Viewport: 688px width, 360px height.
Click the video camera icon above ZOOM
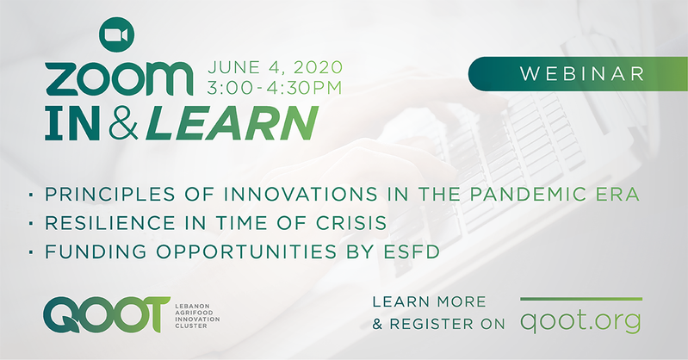click(116, 34)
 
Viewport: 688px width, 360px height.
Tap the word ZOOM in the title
click(119, 79)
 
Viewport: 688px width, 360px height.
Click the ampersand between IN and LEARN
click(123, 123)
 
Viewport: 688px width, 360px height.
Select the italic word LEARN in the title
click(232, 123)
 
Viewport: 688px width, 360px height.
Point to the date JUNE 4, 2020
click(275, 67)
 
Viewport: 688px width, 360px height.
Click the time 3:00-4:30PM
click(275, 87)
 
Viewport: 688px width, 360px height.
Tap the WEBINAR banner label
click(582, 74)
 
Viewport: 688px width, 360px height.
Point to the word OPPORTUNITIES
click(246, 251)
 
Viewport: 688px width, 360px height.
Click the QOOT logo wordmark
click(107, 314)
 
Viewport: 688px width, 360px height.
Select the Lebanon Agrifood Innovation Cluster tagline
click(197, 316)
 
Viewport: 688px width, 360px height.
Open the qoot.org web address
click(581, 321)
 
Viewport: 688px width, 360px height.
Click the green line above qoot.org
click(581, 300)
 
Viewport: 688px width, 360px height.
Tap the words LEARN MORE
click(429, 301)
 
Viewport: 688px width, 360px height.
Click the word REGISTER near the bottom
click(431, 324)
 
